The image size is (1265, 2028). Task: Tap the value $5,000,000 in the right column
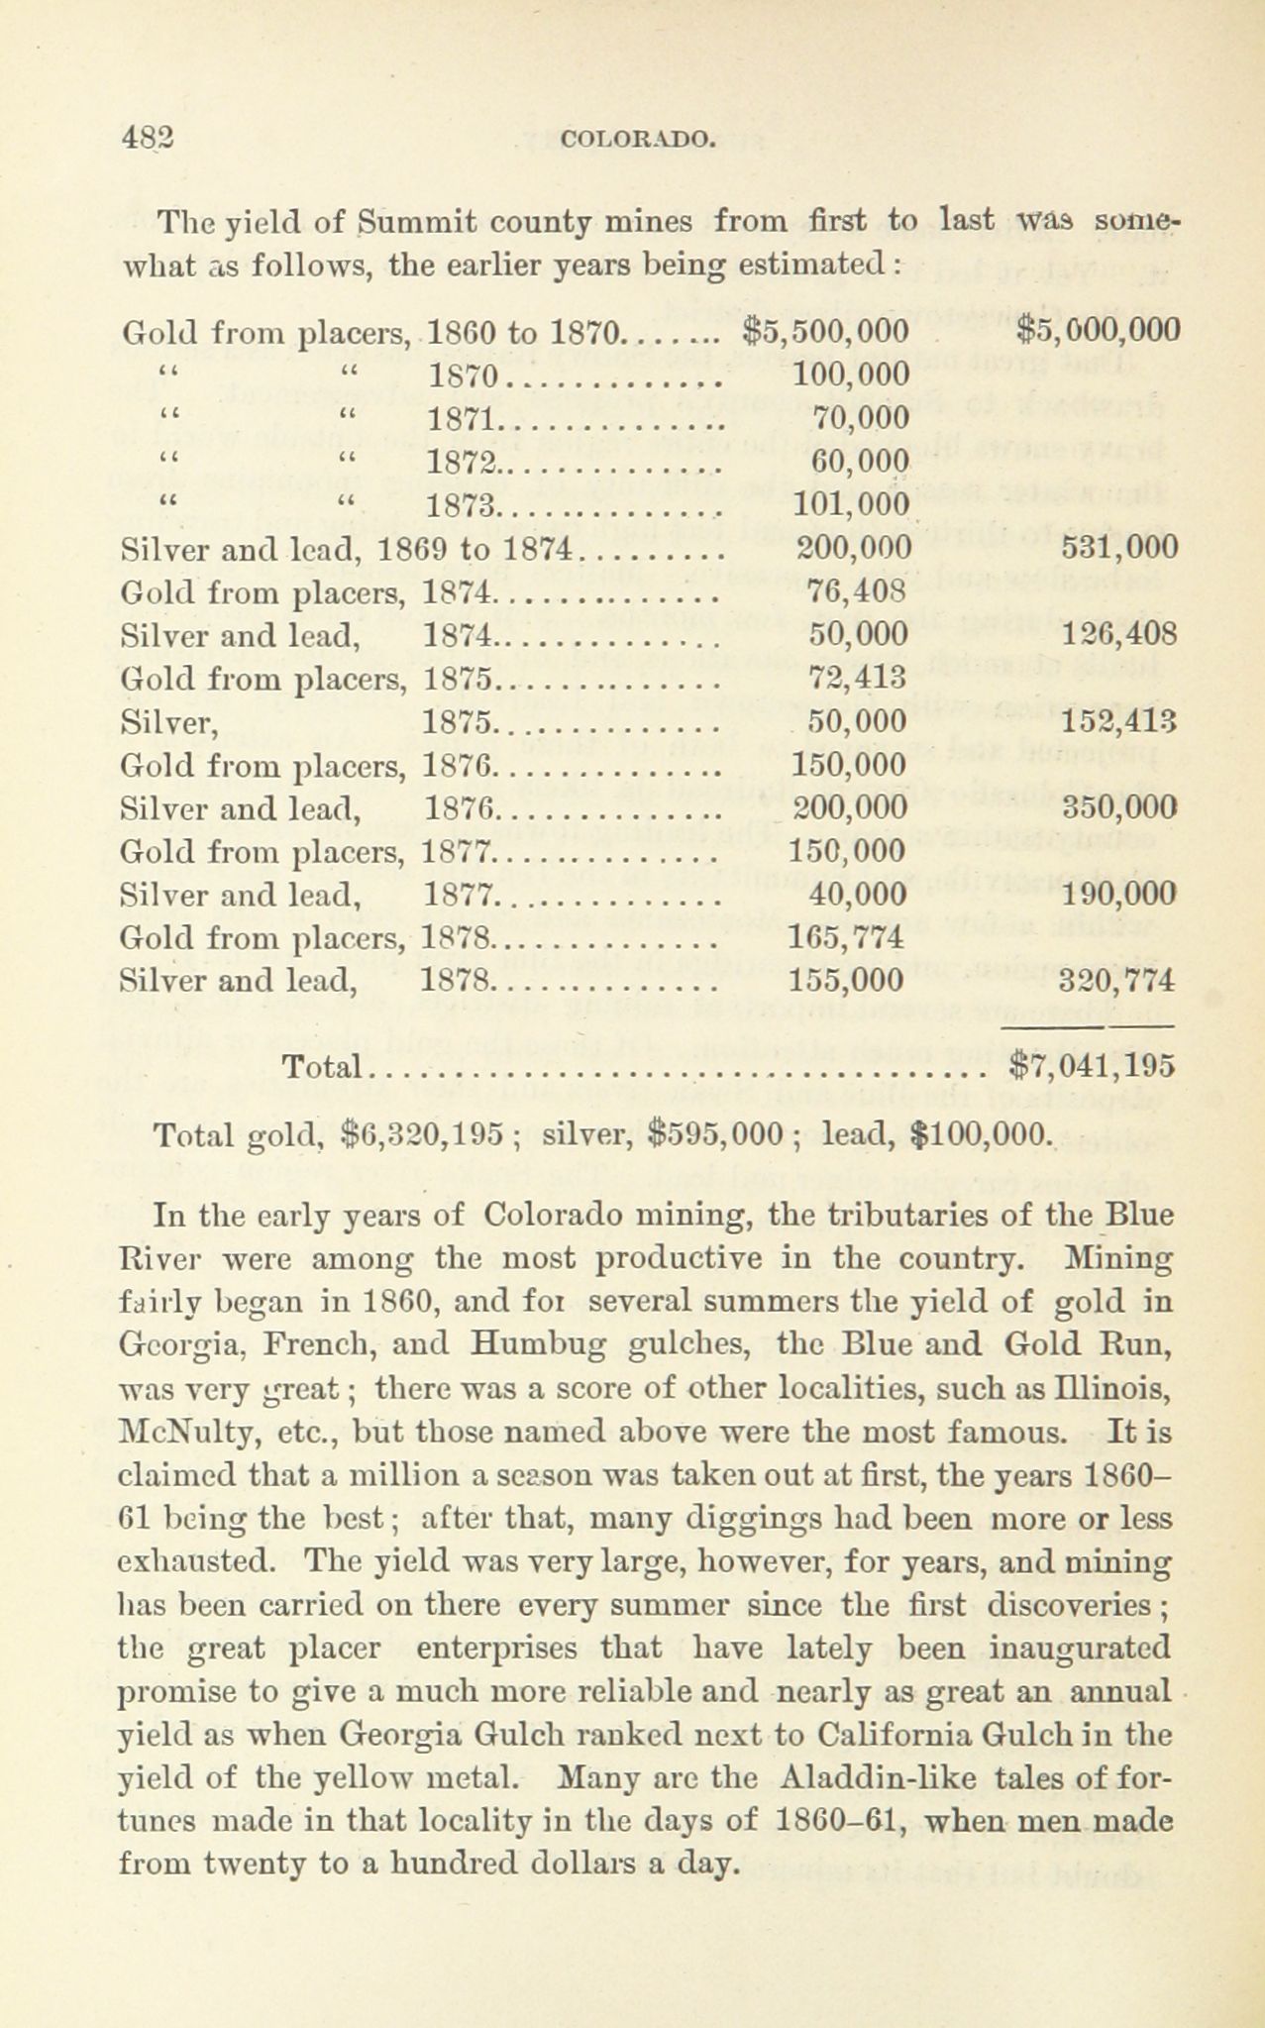click(x=1099, y=330)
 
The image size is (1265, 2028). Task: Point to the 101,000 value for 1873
click(x=852, y=505)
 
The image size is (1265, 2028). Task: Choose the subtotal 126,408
click(x=1117, y=634)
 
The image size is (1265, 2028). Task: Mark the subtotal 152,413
click(x=1117, y=721)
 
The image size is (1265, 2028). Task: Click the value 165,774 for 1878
click(x=848, y=937)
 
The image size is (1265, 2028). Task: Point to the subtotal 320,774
click(x=1116, y=981)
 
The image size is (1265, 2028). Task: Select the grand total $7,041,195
click(x=1091, y=1066)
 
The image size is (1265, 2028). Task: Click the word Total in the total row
click(x=322, y=1067)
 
